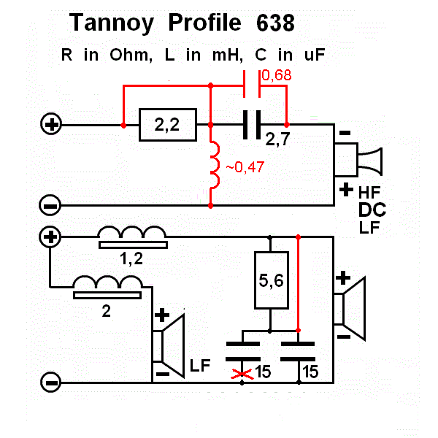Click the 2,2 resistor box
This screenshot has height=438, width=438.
point(167,126)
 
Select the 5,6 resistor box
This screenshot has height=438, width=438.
point(271,280)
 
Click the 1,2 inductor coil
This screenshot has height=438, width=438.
point(132,234)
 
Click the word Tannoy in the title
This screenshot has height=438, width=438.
point(112,23)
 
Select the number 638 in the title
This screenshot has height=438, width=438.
point(275,24)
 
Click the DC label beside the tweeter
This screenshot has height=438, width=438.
point(372,210)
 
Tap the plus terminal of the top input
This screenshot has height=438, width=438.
point(52,126)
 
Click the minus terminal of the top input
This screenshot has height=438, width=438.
point(50,206)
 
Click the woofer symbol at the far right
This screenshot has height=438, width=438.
point(353,307)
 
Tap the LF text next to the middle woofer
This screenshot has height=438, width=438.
point(200,364)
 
